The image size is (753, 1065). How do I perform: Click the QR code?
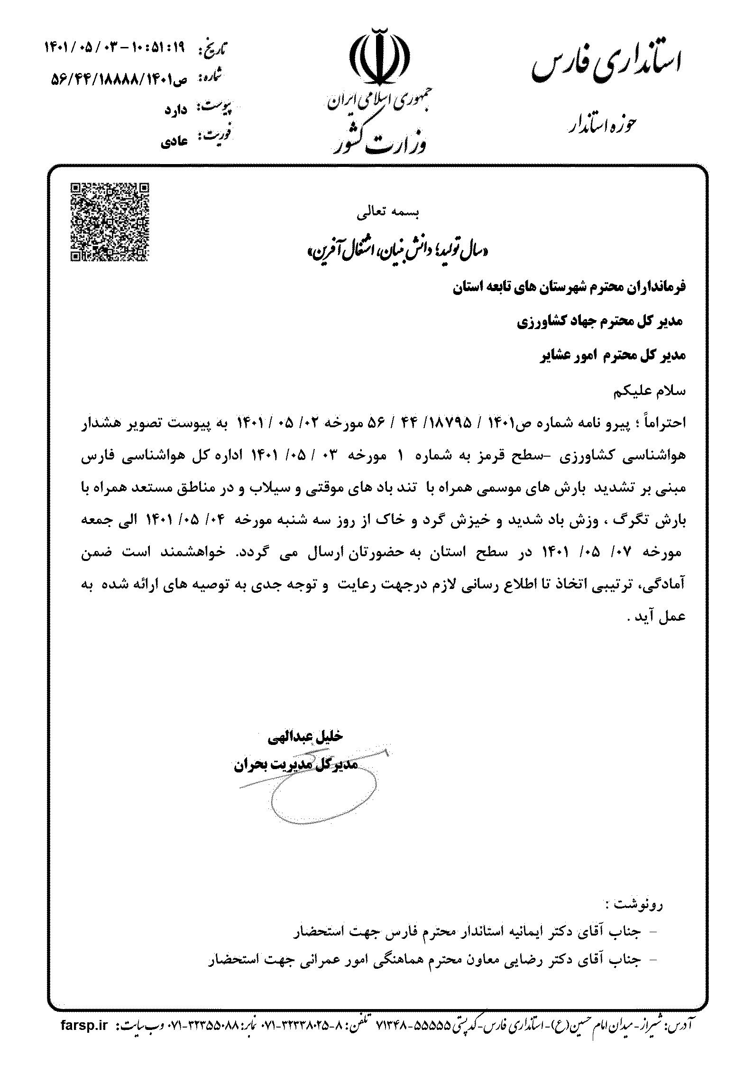pos(110,222)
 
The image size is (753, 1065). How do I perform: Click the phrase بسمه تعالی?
pos(388,214)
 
